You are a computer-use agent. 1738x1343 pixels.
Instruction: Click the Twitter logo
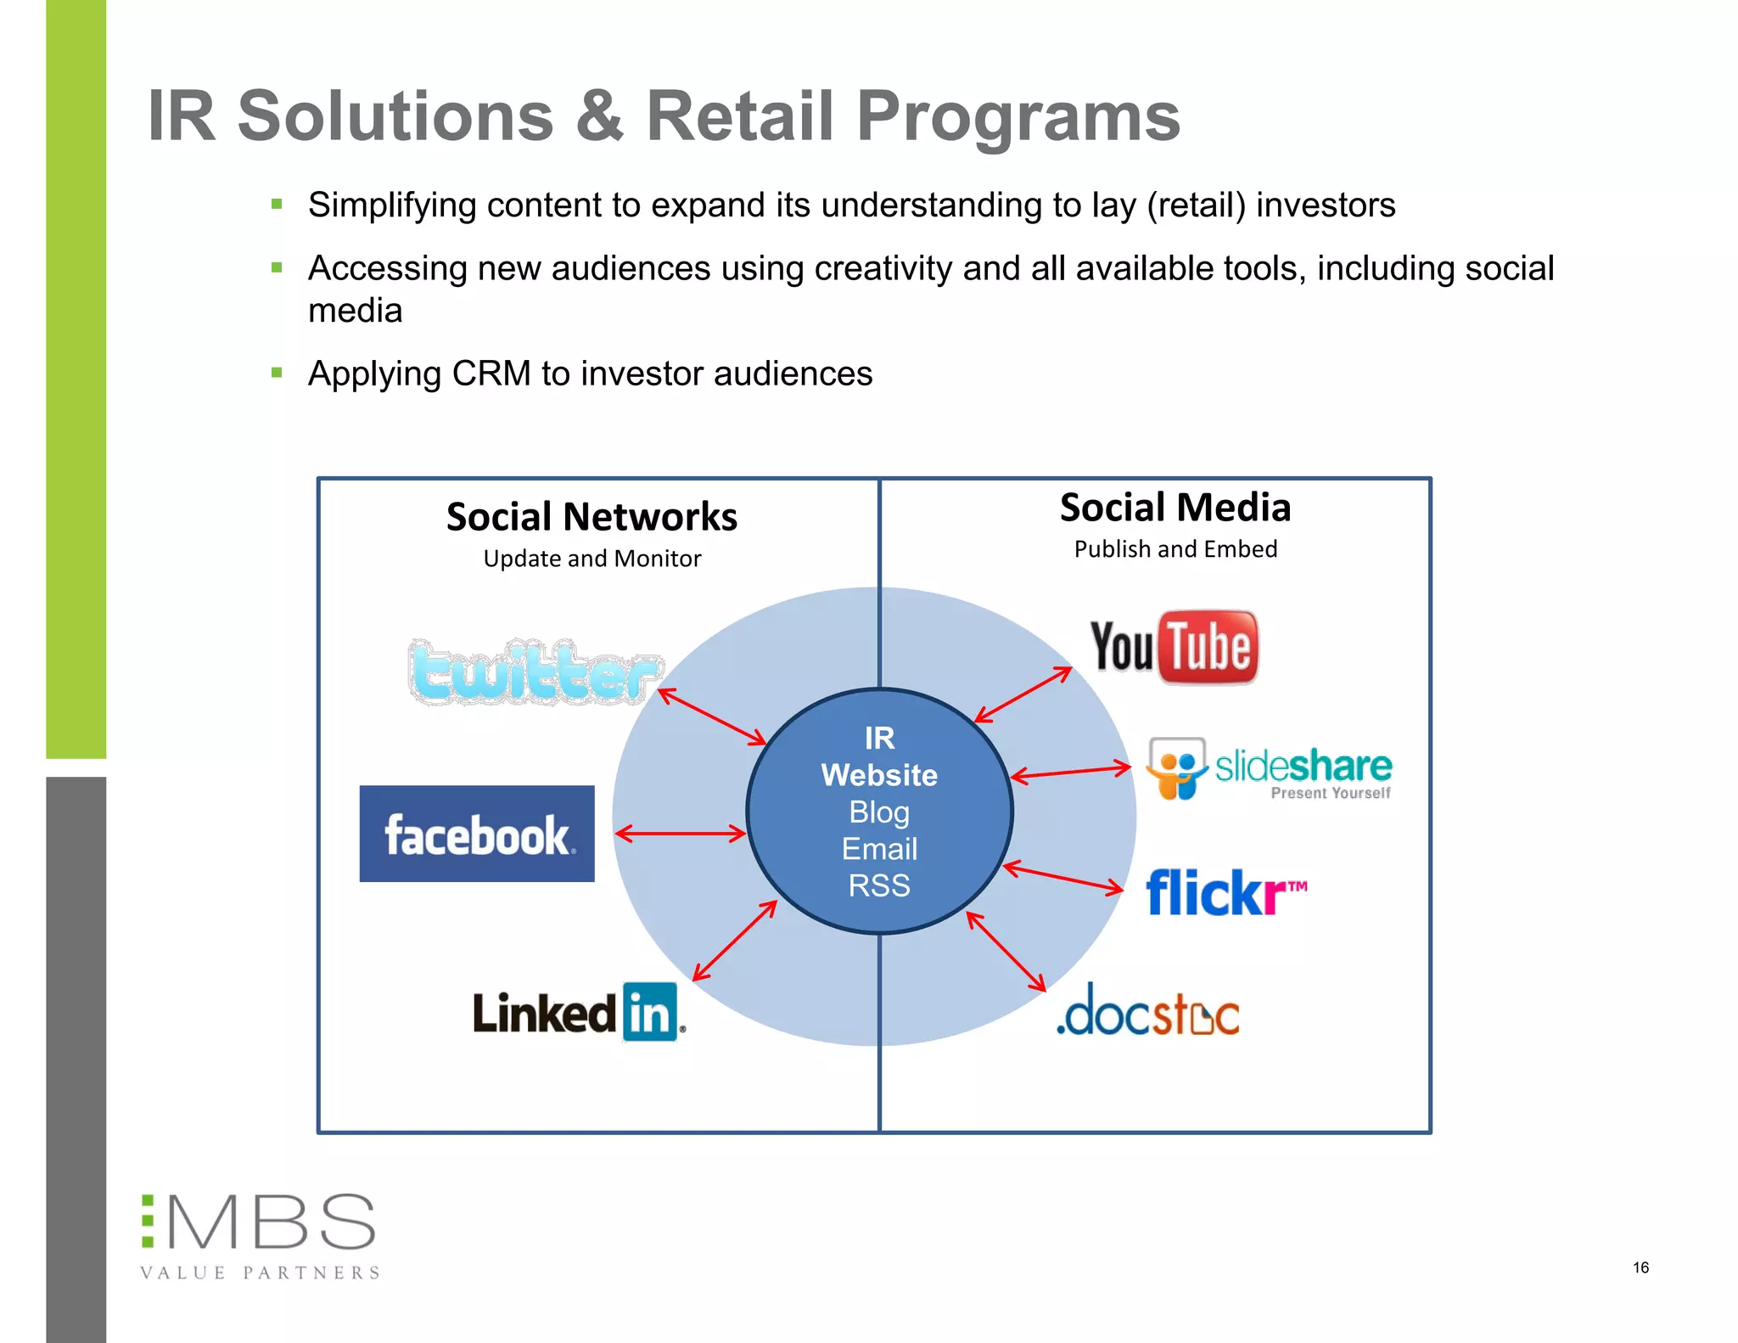[535, 672]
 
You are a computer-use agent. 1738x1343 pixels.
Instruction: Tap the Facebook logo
[477, 834]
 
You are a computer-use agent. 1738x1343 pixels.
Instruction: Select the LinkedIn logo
[578, 1012]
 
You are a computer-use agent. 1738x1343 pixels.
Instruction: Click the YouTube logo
[1174, 647]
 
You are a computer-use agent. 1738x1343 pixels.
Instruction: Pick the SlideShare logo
[1269, 768]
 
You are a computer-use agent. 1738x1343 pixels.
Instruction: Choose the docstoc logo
[1147, 1011]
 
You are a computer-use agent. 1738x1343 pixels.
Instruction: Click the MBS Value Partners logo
[260, 1235]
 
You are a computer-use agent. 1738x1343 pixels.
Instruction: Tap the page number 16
[1640, 1267]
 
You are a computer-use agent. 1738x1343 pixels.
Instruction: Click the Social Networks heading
[591, 517]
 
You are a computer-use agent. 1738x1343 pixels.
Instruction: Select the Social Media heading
[1175, 508]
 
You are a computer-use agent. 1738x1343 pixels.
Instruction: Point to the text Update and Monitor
[591, 559]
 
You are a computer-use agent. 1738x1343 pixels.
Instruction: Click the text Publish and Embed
[1175, 549]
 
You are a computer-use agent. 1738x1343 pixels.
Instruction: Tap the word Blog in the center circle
[879, 812]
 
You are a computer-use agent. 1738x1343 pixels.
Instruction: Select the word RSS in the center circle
[879, 885]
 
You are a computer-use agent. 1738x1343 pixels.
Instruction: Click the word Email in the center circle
[879, 849]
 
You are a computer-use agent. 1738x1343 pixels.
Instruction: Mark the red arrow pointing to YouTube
[1023, 694]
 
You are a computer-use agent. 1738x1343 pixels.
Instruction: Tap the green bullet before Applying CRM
[277, 373]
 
